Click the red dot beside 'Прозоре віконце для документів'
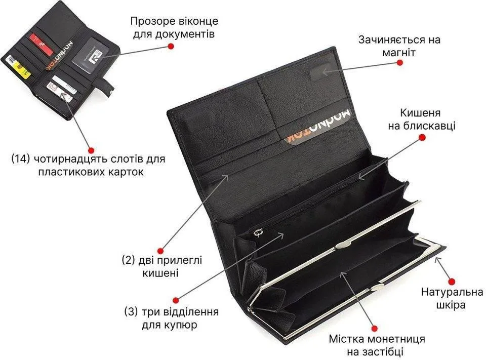pyautogui.click(x=171, y=46)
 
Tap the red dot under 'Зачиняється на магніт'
pyautogui.click(x=399, y=62)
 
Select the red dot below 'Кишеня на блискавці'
pyautogui.click(x=422, y=137)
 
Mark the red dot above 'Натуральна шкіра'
pyautogui.click(x=452, y=281)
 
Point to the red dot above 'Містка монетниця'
pyautogui.click(x=375, y=328)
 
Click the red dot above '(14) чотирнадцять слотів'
pyautogui.click(x=91, y=150)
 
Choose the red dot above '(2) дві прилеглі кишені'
pyautogui.click(x=160, y=250)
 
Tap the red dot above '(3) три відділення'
pyautogui.click(x=176, y=300)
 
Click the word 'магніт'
pyautogui.click(x=399, y=53)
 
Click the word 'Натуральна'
pyautogui.click(x=452, y=292)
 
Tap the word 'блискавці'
pyautogui.click(x=430, y=126)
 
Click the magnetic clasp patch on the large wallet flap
pyautogui.click(x=320, y=71)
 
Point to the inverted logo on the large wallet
pyautogui.click(x=318, y=126)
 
